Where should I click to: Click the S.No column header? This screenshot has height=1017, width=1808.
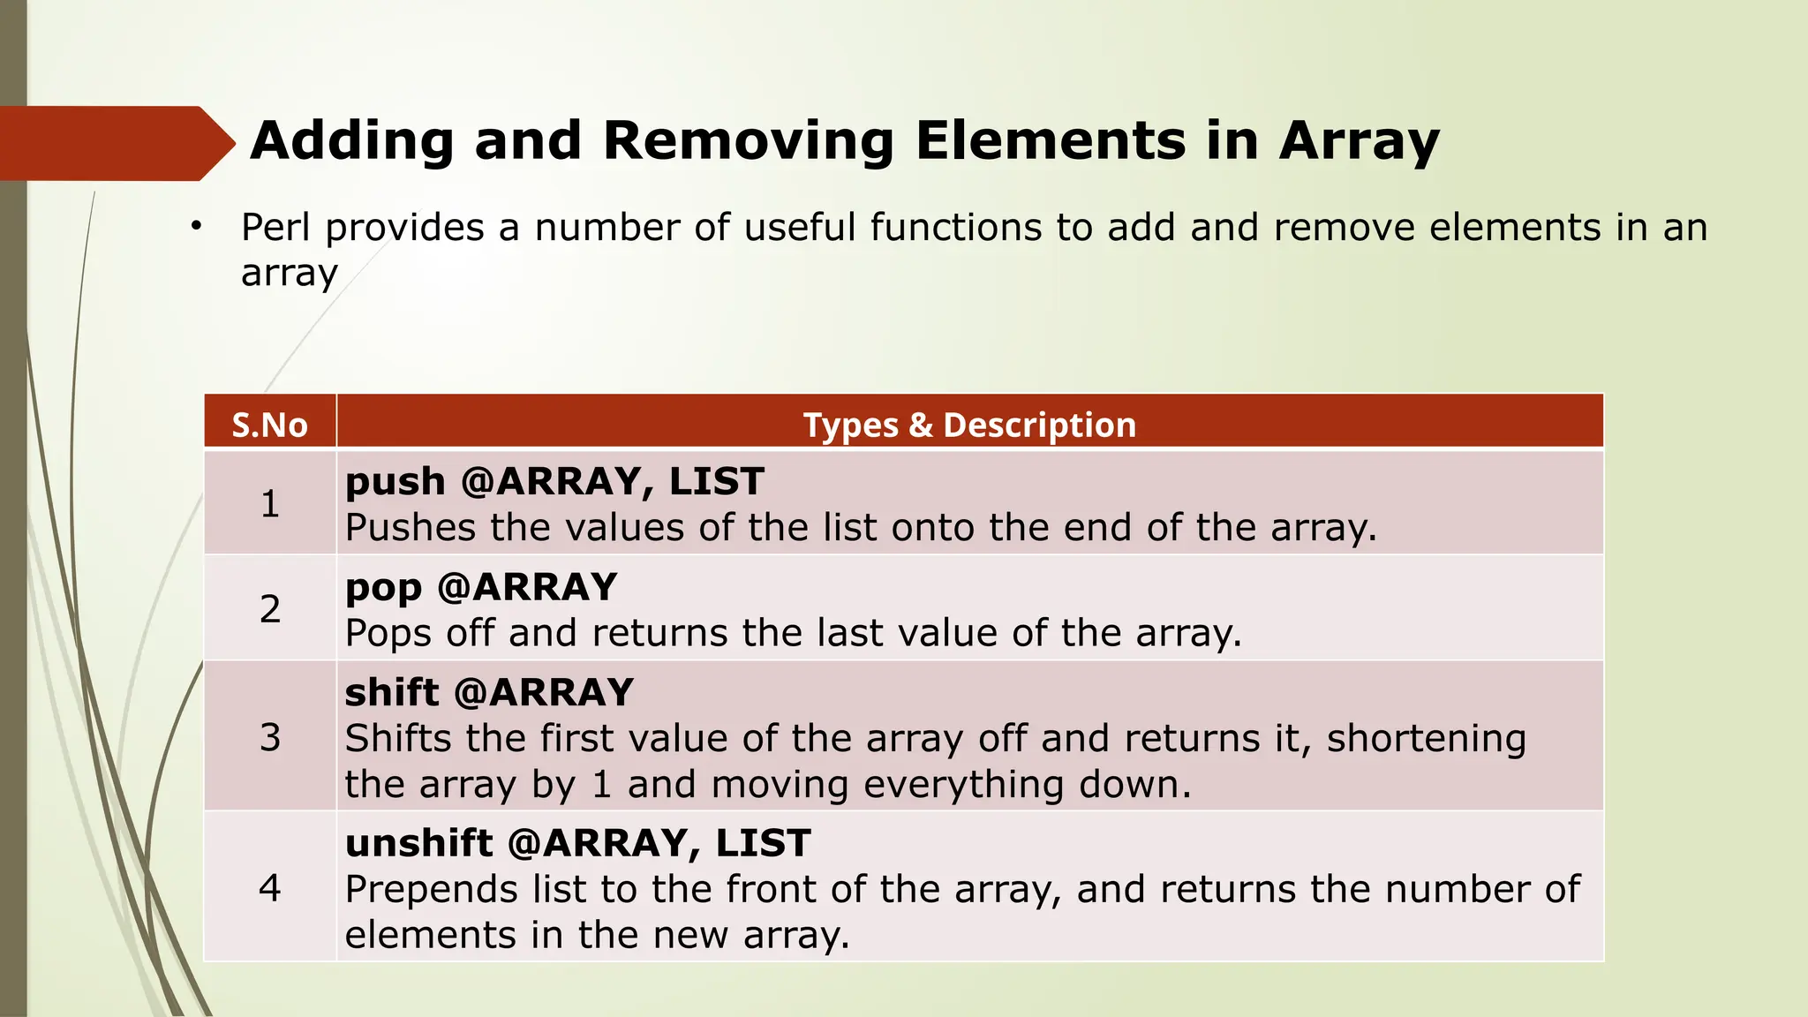coord(269,426)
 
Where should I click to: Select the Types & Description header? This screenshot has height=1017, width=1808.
coord(969,426)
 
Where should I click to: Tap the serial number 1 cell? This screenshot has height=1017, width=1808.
coord(269,504)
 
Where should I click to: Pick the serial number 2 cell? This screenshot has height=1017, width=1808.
coord(269,609)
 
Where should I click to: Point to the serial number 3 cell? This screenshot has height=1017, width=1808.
coord(269,737)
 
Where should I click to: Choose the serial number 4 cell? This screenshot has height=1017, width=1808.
coord(269,887)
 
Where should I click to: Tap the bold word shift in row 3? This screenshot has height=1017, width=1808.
coord(391,693)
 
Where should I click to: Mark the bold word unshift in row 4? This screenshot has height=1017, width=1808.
coord(418,844)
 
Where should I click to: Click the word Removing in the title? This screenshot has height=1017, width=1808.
coord(749,140)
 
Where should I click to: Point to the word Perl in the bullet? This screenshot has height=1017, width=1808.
coord(275,228)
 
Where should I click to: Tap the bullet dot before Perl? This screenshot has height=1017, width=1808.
coord(196,227)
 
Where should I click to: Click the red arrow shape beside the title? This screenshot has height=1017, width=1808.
coord(115,143)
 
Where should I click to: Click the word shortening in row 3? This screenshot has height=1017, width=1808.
coord(1426,739)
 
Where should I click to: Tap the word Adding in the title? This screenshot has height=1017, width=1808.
coord(352,140)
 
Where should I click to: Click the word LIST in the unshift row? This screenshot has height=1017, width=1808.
coord(763,844)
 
